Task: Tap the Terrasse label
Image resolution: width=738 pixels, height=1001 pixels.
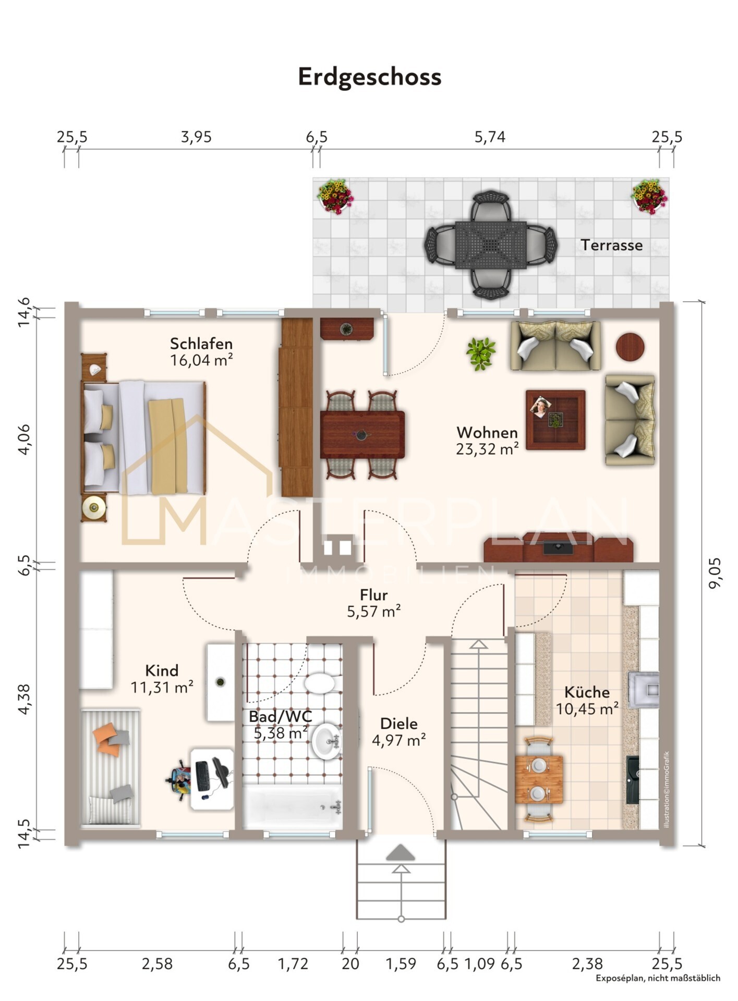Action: pos(612,245)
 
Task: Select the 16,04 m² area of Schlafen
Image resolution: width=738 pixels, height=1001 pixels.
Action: pos(201,360)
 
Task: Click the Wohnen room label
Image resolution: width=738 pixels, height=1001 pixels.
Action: pos(487,432)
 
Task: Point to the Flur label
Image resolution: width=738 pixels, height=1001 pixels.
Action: pos(373,595)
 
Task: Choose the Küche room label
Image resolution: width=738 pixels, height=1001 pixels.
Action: pos(587,692)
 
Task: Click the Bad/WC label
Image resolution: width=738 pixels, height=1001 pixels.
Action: pos(280,716)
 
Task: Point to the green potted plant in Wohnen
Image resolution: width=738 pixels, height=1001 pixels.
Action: pos(481,354)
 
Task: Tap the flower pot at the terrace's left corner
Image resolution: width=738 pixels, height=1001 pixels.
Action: pos(335,196)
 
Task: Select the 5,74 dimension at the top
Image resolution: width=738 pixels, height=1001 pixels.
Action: pos(490,137)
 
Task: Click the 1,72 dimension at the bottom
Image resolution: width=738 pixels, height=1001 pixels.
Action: pos(293,964)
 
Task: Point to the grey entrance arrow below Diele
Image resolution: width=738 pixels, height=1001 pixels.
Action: pos(401,853)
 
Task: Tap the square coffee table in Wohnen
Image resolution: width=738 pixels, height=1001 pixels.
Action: pos(555,420)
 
